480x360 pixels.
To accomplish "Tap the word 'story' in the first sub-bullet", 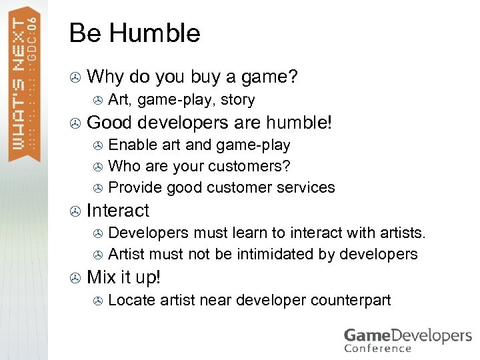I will (x=237, y=100).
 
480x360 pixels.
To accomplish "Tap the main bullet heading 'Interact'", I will (x=118, y=211).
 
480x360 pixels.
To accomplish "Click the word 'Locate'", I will (x=129, y=299).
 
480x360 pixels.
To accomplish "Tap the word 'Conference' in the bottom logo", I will (x=377, y=347).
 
